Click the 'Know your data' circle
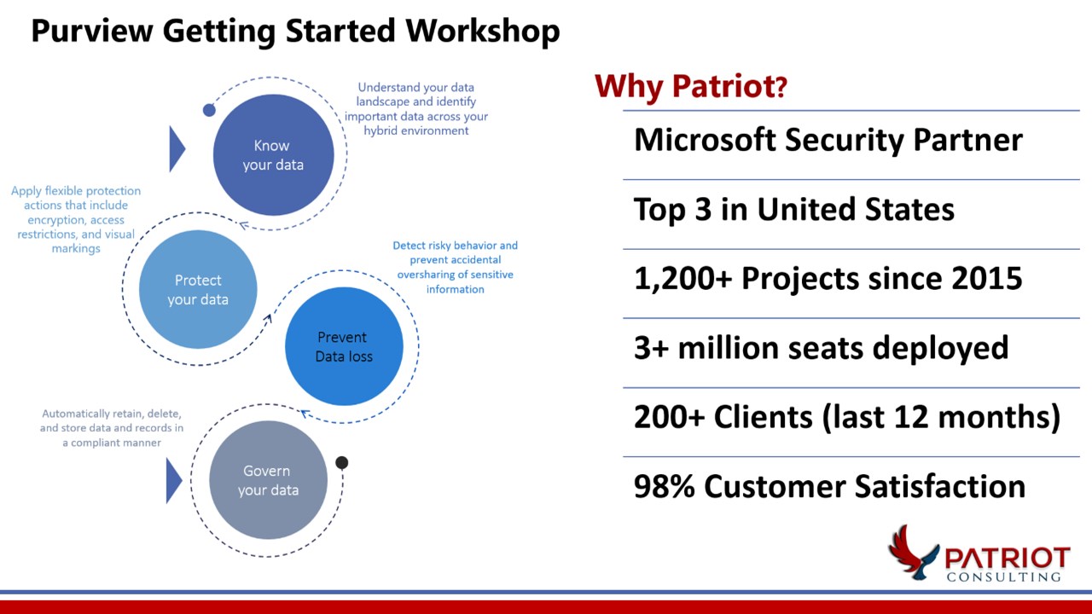point(272,155)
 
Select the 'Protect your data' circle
point(198,290)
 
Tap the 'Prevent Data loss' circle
point(344,347)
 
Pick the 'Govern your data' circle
point(268,480)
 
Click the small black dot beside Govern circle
point(342,463)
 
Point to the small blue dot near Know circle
point(209,110)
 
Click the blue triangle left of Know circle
point(177,148)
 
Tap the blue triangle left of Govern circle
point(173,479)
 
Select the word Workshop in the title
point(482,31)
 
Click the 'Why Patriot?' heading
point(690,86)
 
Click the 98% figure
point(664,486)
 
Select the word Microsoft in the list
point(703,140)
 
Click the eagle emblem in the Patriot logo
point(910,552)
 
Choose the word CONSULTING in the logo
point(1003,577)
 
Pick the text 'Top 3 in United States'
point(793,210)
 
